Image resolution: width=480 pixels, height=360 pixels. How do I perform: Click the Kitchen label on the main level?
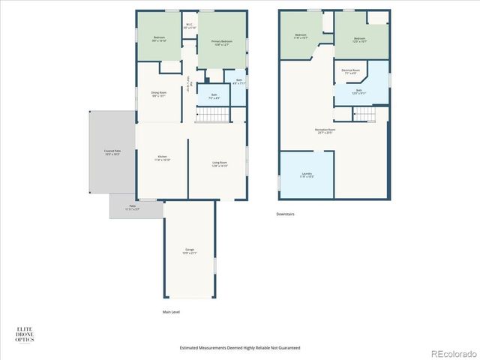point(163,158)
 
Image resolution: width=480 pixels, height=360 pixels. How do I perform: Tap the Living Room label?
point(220,164)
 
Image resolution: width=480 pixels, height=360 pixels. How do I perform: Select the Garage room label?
point(190,251)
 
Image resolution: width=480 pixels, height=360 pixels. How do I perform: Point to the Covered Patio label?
point(112,152)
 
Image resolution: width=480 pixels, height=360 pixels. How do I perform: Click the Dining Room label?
point(159,94)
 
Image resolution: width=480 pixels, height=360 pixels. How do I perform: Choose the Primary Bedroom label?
point(222,43)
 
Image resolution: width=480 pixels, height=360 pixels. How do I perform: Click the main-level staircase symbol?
point(211,115)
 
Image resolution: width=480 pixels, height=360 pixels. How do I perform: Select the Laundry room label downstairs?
point(306,175)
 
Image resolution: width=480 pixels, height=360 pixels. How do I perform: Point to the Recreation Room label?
point(325,130)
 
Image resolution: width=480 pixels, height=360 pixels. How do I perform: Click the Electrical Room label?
point(350,72)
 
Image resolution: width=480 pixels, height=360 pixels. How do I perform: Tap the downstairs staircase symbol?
point(364,113)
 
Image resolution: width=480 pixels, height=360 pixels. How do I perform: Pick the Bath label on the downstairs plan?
point(359,91)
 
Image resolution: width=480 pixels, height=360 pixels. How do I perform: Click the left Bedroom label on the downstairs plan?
point(301,36)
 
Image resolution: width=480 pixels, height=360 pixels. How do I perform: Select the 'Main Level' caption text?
point(171,312)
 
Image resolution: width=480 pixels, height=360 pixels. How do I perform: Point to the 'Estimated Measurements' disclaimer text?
point(240,347)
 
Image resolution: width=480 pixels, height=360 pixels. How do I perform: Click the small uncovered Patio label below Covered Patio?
point(132,207)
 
